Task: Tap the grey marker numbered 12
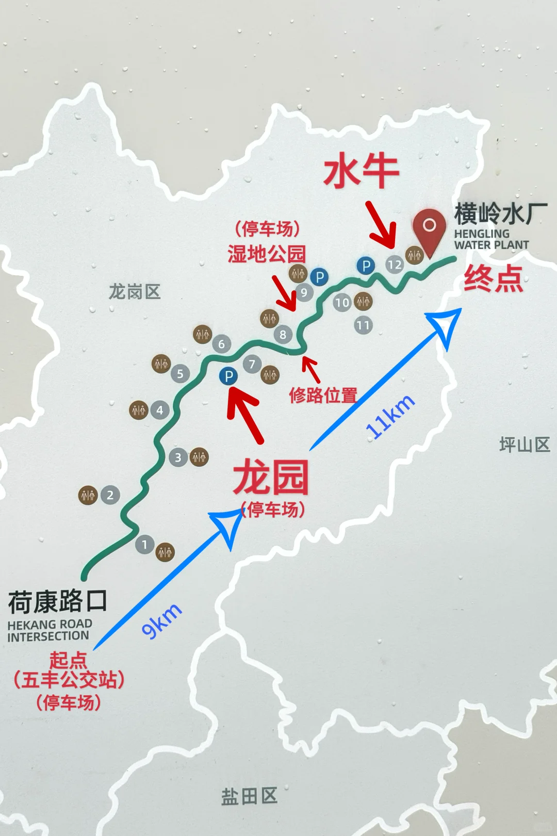(395, 265)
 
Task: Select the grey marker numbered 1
(144, 544)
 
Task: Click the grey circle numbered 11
(363, 325)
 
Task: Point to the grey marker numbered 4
(159, 411)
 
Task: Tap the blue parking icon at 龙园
(228, 376)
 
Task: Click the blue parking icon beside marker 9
(319, 277)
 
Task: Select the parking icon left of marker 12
(366, 266)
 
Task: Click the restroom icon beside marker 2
(88, 495)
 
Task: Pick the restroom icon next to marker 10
(363, 302)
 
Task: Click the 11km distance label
(390, 417)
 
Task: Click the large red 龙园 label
(271, 478)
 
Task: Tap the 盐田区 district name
(249, 796)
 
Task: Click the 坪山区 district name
(525, 445)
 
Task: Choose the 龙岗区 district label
(135, 292)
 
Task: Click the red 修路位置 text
(323, 395)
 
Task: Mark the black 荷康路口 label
(58, 601)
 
